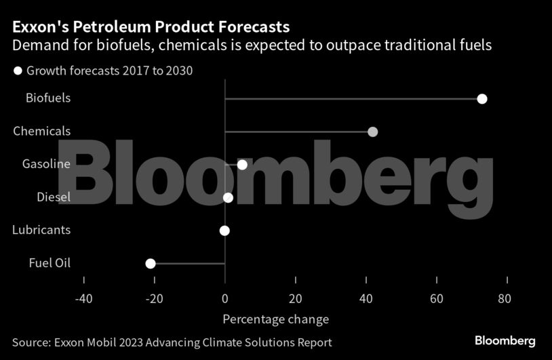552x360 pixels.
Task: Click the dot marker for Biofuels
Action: click(x=482, y=99)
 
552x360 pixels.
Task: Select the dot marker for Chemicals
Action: click(x=372, y=132)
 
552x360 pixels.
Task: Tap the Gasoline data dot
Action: click(x=242, y=165)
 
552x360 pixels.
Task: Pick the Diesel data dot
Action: click(x=228, y=197)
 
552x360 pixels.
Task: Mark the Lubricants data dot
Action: click(x=224, y=231)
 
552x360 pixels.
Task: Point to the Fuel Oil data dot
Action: click(x=151, y=264)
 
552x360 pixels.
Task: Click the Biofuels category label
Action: click(x=48, y=98)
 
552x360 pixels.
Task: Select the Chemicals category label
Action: click(x=41, y=131)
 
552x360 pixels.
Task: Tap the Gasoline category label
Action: click(x=46, y=164)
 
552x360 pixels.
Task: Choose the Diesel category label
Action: click(x=53, y=197)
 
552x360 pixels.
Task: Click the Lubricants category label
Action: click(x=41, y=230)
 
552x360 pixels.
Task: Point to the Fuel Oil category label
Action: click(x=50, y=263)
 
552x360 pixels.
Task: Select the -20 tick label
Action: click(x=154, y=298)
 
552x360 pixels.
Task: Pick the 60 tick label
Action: click(x=437, y=298)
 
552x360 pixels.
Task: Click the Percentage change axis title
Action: click(x=275, y=319)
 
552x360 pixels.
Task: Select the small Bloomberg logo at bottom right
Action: click(x=505, y=341)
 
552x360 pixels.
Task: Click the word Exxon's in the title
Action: click(x=41, y=27)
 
